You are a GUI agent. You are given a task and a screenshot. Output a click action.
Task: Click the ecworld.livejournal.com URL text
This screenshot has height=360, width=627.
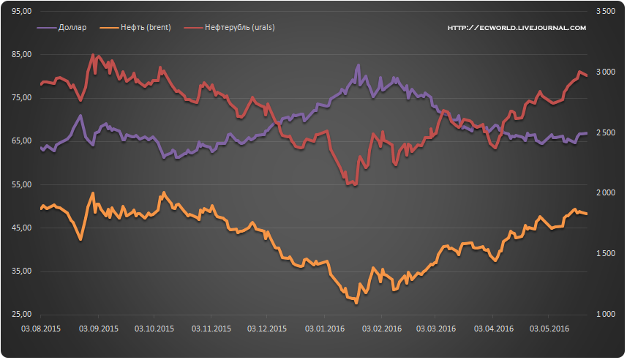(517, 28)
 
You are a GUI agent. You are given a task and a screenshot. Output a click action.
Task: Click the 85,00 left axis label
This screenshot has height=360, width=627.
(23, 55)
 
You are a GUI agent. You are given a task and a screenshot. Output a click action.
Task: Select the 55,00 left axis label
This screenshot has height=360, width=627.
(23, 185)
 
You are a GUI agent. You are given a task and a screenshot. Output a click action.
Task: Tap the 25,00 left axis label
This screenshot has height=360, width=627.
(23, 315)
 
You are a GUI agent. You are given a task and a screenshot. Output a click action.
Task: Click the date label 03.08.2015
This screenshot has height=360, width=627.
(41, 329)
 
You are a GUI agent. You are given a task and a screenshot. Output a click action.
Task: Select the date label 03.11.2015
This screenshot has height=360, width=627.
(211, 329)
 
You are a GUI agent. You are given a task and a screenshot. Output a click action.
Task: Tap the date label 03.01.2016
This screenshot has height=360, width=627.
(325, 329)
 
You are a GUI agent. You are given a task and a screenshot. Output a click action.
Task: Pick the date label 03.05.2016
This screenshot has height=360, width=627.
(550, 329)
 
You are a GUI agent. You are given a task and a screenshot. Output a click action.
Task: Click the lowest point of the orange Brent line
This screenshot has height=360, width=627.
(356, 301)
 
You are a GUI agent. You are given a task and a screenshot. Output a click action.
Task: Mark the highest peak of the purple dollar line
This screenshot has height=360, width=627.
(358, 65)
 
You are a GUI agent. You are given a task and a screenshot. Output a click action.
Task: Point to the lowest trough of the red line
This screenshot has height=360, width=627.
(354, 185)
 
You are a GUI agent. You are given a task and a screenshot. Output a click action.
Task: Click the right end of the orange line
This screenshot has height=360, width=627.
(587, 214)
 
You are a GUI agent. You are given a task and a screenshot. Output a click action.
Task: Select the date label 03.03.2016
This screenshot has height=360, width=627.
(437, 329)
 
